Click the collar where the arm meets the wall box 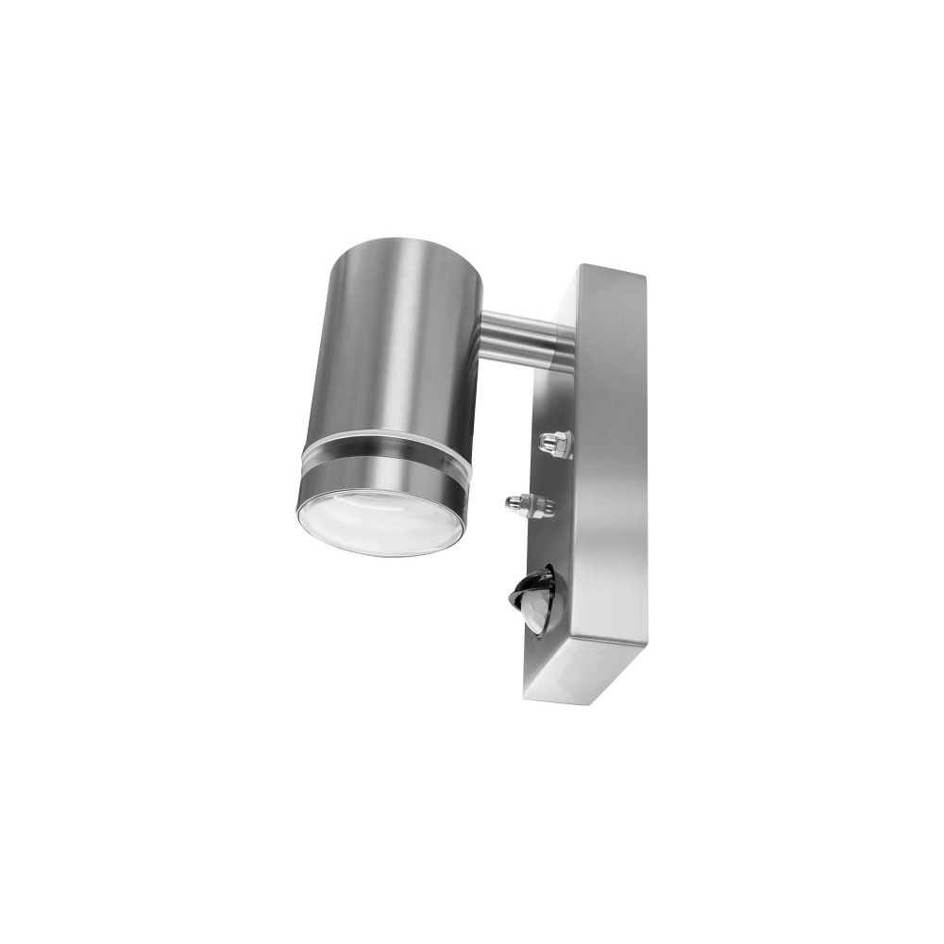(x=559, y=343)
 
